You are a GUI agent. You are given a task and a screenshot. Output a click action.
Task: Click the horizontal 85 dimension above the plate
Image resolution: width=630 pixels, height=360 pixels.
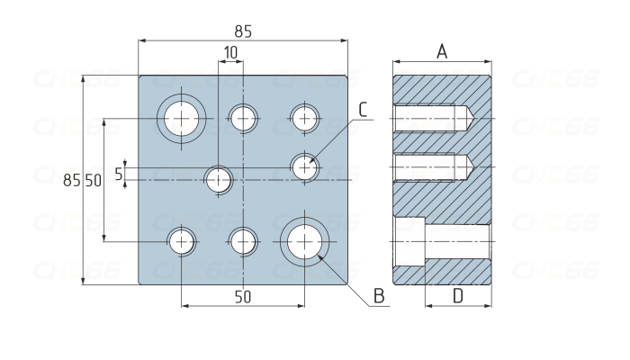(x=243, y=31)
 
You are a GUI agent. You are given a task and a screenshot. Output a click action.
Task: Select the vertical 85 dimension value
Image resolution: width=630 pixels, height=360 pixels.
(x=72, y=181)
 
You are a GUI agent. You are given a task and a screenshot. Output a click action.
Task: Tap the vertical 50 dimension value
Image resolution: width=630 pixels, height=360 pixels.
(x=93, y=181)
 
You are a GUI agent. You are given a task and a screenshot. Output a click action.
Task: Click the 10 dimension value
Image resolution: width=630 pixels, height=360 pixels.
(x=230, y=53)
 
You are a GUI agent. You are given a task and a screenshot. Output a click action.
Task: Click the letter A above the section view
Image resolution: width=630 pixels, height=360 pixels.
(x=442, y=51)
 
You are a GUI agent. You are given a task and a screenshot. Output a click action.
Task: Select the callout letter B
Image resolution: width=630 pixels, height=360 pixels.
(x=379, y=295)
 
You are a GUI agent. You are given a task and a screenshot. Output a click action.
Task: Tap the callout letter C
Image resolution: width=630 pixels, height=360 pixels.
(x=363, y=110)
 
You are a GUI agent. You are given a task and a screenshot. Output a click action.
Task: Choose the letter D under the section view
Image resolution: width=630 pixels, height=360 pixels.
(x=457, y=295)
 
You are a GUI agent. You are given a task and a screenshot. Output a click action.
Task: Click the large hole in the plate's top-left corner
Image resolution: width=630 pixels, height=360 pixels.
(x=182, y=118)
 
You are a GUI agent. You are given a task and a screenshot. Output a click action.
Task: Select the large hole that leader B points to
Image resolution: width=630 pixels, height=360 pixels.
(x=304, y=240)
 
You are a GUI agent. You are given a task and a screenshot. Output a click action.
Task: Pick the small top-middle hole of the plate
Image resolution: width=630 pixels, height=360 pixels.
(x=242, y=118)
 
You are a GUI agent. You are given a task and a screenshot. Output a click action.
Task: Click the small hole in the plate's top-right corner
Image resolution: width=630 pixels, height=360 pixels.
(x=304, y=118)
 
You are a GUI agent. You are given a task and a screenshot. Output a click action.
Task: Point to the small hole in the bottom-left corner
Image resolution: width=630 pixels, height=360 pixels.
(x=182, y=240)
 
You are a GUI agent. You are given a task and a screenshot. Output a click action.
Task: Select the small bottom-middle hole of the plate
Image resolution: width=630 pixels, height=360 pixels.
(x=242, y=240)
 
